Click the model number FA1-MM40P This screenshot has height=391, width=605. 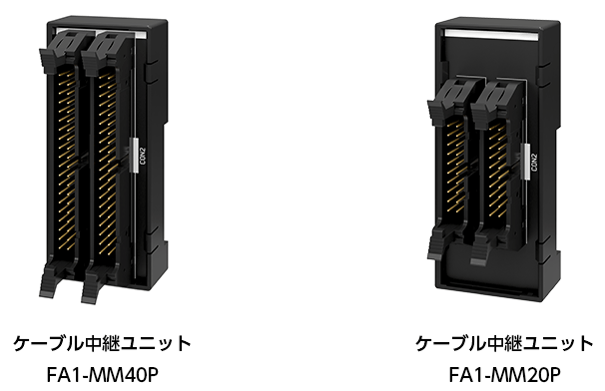click(x=101, y=376)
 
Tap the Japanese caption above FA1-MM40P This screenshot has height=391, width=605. click(x=101, y=344)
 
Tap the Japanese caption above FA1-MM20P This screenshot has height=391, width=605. click(x=503, y=344)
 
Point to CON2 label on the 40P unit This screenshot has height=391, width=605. click(x=143, y=157)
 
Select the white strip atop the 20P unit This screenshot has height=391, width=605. click(x=494, y=37)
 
